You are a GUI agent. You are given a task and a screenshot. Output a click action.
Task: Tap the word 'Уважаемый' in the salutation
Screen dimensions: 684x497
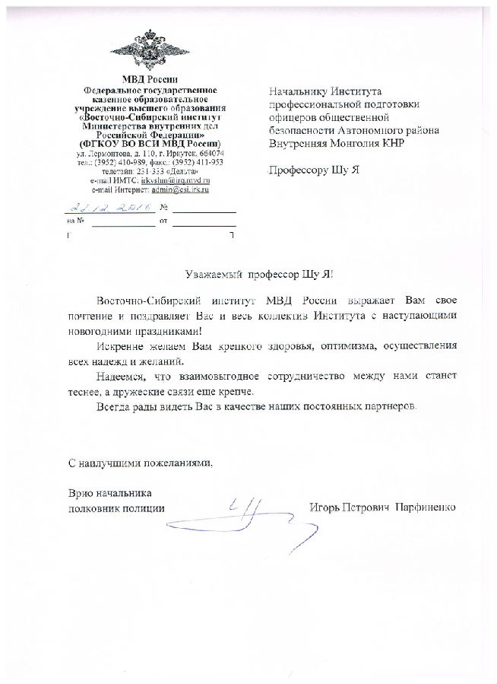[x=214, y=275]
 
